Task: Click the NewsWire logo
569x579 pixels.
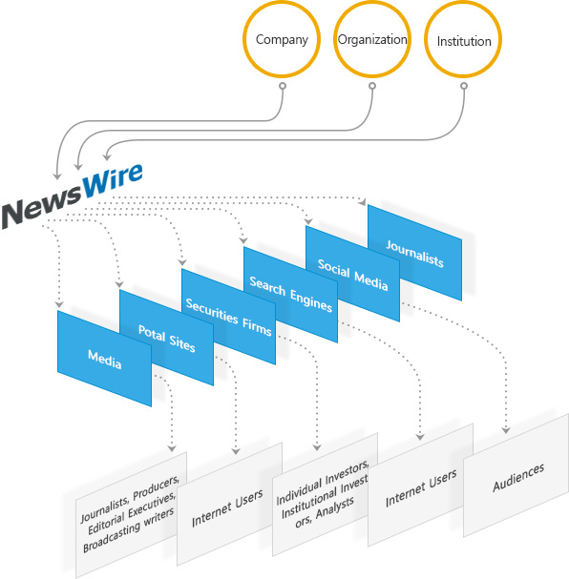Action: [x=72, y=196]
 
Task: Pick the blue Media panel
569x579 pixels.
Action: [x=104, y=359]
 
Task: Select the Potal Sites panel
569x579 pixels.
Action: [x=166, y=338]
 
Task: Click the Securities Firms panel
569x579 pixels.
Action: [x=228, y=317]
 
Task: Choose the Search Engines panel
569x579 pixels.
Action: [x=290, y=295]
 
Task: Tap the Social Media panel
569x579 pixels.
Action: [x=352, y=274]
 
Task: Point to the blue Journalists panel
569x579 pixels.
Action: [x=414, y=253]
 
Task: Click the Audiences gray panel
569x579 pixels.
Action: [x=516, y=476]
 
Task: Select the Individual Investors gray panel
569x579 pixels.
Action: [x=326, y=495]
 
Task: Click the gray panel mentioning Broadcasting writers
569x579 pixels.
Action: [x=131, y=515]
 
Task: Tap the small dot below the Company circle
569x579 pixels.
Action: [x=283, y=86]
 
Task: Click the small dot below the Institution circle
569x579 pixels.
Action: [x=464, y=86]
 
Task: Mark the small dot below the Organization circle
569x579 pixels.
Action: [x=372, y=86]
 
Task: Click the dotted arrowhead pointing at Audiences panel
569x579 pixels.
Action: [x=506, y=430]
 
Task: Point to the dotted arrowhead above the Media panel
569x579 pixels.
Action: [x=59, y=304]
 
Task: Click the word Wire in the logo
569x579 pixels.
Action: [x=112, y=180]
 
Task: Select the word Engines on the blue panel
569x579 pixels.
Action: [x=311, y=300]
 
